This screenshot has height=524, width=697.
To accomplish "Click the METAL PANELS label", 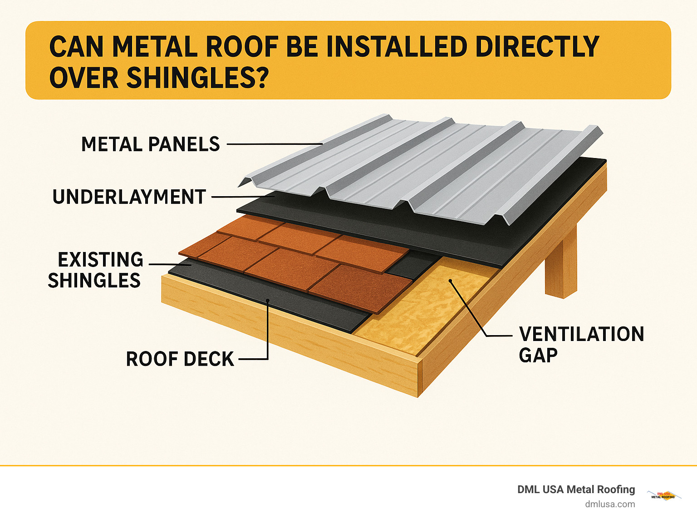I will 150,144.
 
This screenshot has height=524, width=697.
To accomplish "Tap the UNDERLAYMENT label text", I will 129,197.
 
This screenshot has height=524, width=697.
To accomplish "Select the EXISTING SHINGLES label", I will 96,270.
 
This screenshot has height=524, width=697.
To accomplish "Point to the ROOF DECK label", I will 180,359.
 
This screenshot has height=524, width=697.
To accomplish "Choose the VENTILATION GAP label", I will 581,344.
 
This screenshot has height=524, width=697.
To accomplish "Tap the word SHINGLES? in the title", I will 198,78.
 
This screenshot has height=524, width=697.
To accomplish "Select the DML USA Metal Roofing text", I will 576,489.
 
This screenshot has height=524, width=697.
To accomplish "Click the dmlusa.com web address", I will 610,504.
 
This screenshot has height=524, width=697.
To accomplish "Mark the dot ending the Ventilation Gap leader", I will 451,281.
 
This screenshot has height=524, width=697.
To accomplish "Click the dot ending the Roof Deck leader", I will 268,301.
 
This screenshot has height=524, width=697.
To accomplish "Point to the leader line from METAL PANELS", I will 274,144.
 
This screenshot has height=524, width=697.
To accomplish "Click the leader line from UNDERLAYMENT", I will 243,197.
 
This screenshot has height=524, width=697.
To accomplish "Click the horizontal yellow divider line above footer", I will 348,465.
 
